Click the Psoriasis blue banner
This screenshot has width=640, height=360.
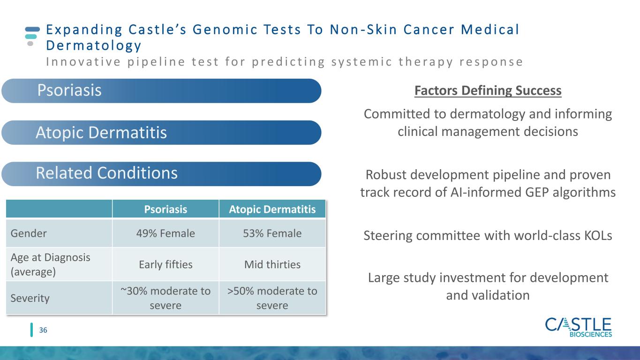[161, 91]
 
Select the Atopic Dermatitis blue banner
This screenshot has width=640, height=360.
[161, 133]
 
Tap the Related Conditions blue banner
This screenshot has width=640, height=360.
[161, 174]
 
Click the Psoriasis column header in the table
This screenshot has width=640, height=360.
[166, 209]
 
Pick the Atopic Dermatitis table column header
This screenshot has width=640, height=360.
[272, 209]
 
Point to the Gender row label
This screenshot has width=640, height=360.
[29, 233]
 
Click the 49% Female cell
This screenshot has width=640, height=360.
[166, 233]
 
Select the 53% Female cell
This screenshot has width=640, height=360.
[272, 233]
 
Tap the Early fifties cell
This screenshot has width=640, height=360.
[166, 264]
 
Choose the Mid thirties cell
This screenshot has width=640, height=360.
[272, 264]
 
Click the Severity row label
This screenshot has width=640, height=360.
[30, 298]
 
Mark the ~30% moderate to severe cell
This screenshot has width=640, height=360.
[166, 298]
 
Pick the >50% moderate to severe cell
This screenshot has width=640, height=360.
[272, 298]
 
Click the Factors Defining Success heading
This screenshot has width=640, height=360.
[488, 90]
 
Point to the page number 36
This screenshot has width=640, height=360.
[43, 330]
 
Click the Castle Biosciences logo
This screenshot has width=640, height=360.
[579, 328]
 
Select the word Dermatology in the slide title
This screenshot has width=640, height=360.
[94, 46]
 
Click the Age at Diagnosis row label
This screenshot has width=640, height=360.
[50, 264]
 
